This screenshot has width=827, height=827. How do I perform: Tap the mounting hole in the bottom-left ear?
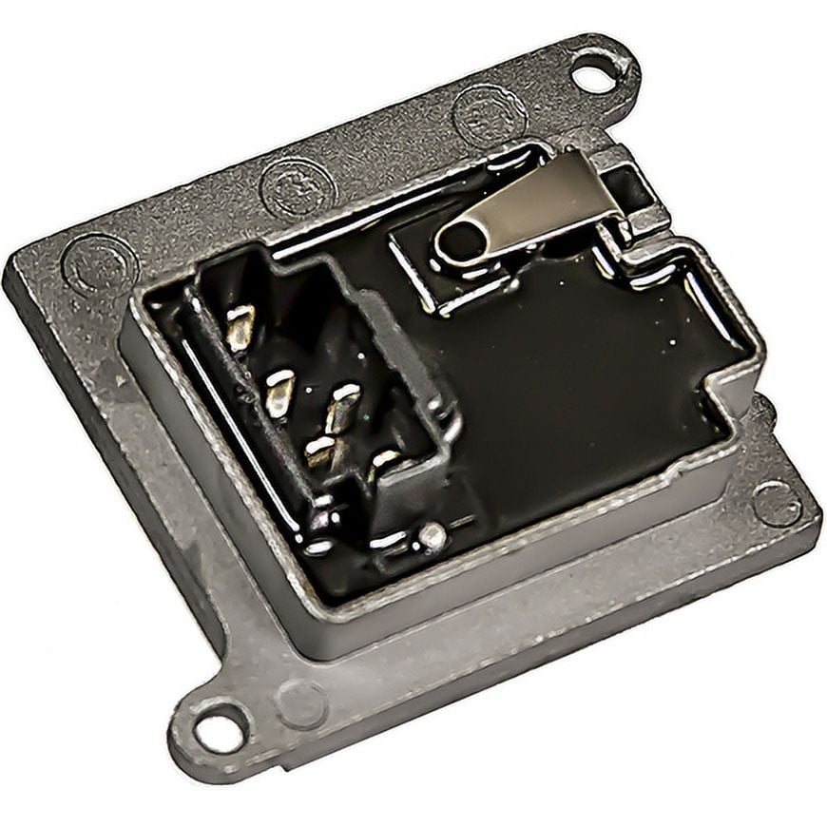(x=220, y=733)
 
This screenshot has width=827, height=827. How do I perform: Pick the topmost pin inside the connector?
(x=240, y=326)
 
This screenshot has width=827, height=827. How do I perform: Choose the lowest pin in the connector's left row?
(x=320, y=452)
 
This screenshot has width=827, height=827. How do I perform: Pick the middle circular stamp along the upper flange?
(x=298, y=186)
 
